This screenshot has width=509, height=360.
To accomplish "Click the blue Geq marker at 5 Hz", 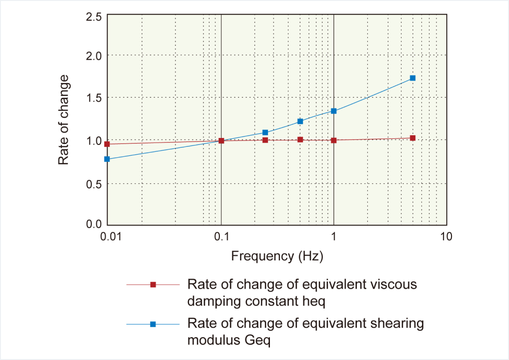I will [x=412, y=78].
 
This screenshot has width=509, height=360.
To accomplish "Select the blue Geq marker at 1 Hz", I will [x=334, y=111].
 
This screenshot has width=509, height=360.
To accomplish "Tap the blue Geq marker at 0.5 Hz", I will [x=300, y=121].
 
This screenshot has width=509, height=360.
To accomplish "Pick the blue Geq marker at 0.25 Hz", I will [x=265, y=132].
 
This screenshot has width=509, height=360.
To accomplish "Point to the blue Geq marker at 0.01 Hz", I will [x=107, y=159].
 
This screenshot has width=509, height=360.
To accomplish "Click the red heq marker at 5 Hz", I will [x=412, y=138].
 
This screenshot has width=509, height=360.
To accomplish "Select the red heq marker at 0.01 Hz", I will [x=107, y=144].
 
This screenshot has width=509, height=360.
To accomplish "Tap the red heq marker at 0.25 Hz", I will [x=265, y=140].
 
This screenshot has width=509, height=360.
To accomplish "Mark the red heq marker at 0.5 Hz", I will [x=300, y=139].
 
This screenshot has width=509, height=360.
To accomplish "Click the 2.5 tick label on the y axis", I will [x=94, y=17].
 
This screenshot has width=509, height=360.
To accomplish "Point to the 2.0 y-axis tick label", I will [x=94, y=56].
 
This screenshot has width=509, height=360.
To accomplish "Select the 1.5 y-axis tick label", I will [x=94, y=98].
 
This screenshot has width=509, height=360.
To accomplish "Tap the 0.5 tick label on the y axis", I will [x=94, y=184].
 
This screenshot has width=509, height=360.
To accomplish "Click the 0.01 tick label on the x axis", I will [x=111, y=236].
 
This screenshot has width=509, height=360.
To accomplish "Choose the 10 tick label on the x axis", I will [x=446, y=236].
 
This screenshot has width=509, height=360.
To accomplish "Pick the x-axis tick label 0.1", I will [x=221, y=236].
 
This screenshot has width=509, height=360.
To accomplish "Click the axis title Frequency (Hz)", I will [x=277, y=256].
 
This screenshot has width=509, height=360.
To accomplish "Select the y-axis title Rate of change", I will [x=64, y=120].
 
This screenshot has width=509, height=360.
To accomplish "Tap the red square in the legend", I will [x=153, y=285].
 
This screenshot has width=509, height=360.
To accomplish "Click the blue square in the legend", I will [x=153, y=324].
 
